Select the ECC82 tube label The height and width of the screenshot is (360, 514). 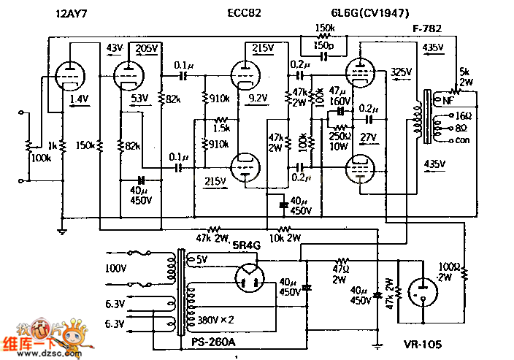coord(244,13)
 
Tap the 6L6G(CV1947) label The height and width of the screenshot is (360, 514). coord(369,13)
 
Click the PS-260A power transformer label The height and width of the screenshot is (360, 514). coord(212,340)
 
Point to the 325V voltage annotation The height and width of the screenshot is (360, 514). coord(402,72)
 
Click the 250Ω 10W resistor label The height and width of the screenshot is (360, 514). coord(339,141)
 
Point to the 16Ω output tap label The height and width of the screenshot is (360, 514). coord(461,116)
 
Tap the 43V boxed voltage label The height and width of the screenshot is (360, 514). coord(116,47)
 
